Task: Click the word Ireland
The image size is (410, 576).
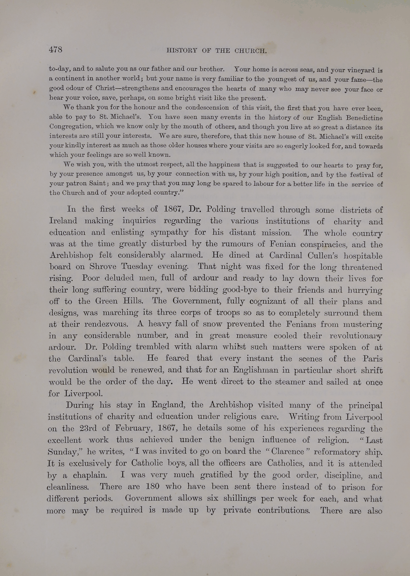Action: coord(63,221)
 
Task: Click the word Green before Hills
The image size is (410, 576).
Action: coord(106,301)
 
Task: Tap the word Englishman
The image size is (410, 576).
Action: coord(255,370)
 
